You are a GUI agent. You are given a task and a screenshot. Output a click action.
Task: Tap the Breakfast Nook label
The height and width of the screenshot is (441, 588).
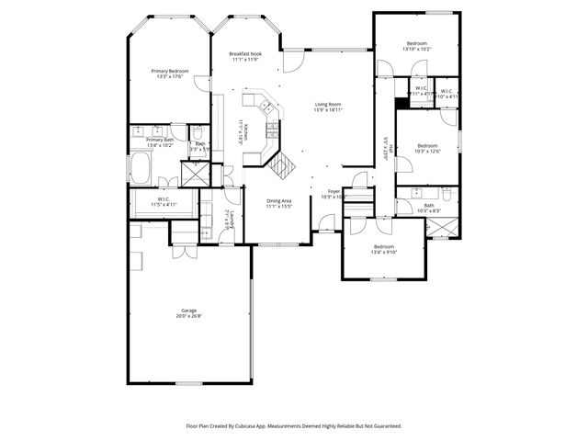(246, 55)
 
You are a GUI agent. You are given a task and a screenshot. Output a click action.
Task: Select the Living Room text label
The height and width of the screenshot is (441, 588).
(329, 105)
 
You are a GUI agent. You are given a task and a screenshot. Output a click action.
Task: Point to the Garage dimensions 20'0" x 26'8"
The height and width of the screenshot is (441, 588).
(188, 317)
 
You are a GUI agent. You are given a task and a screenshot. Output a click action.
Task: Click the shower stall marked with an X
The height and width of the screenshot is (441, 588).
(195, 173)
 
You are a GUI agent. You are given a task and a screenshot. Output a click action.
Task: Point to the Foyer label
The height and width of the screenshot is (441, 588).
(334, 191)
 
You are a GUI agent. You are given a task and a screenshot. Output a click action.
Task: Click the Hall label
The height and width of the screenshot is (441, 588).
(388, 146)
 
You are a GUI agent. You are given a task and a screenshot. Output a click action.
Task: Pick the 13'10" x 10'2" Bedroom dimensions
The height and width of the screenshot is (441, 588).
(417, 50)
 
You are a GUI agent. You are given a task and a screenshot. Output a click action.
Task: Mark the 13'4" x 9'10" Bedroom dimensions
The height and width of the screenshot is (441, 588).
(383, 251)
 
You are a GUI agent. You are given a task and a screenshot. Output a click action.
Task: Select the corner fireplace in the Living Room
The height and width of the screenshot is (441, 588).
(284, 165)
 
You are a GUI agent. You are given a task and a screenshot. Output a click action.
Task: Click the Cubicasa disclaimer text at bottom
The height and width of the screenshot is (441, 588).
(294, 426)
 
